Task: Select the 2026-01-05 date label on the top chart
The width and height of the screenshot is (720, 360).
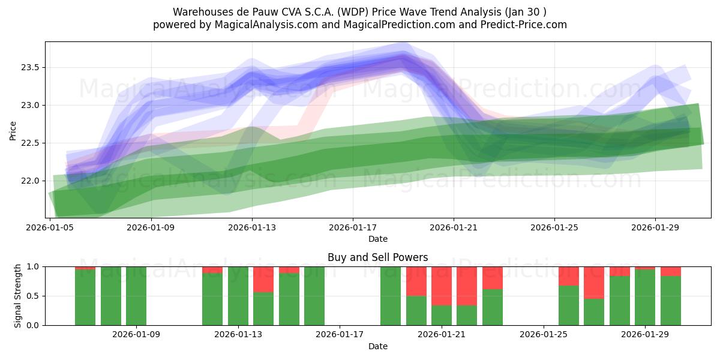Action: coord(51,228)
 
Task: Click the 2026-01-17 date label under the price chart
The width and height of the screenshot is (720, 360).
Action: coord(353,228)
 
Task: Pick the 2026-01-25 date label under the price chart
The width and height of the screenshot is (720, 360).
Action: coord(554,228)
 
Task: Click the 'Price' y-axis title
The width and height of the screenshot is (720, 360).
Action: coord(13,130)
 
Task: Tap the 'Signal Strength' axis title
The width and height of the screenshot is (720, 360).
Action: coord(18,296)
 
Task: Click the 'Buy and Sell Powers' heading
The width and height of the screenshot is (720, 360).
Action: coord(377,257)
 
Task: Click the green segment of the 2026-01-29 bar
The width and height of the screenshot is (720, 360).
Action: coord(645,298)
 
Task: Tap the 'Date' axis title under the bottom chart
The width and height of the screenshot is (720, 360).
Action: coord(377,346)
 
